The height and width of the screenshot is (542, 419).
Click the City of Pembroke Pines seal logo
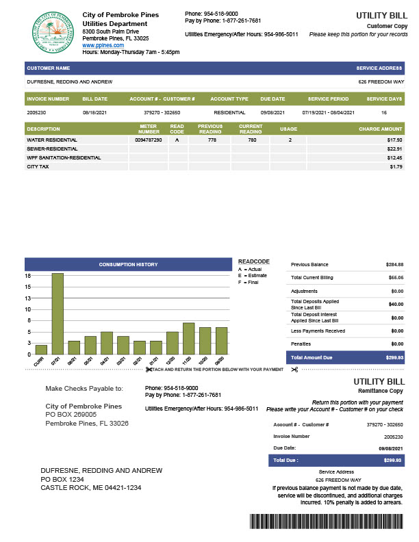pos(51,32)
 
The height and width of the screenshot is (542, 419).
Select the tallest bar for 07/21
pos(58,312)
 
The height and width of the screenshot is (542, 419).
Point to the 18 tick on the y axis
pos(28,276)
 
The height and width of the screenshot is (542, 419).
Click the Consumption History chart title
pos(128,264)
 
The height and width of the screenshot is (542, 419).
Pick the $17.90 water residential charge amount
pos(394,140)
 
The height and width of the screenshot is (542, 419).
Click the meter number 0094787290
pos(149,140)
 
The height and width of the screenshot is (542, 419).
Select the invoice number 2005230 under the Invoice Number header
pos(36,112)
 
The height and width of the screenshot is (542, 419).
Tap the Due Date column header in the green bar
pos(272,99)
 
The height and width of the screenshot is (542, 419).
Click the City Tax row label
pos(38,166)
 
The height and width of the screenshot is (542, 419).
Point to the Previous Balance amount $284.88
pos(394,264)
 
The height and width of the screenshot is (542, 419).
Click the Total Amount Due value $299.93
pos(393,357)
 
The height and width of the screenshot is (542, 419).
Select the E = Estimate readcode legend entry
pos(250,276)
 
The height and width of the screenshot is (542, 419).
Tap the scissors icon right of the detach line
pos(294,370)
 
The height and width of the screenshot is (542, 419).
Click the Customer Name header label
pos(49,68)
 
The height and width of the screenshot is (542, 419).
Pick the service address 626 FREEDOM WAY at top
pos(381,81)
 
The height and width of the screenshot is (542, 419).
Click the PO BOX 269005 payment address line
pos(71,414)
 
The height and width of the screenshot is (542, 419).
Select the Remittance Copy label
pos(381,389)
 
